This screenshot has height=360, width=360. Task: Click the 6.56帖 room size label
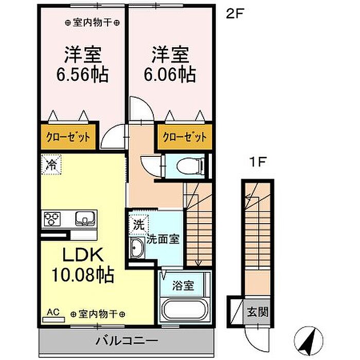(x=82, y=75)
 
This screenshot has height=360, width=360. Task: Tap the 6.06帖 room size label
(x=170, y=75)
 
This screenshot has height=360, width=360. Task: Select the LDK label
(x=83, y=256)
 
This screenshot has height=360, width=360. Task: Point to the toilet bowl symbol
(x=191, y=166)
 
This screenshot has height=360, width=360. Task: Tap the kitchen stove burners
(x=52, y=219)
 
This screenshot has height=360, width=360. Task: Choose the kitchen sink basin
(x=85, y=219)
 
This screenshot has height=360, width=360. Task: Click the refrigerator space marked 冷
(x=51, y=165)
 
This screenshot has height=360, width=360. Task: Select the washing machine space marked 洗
(x=139, y=225)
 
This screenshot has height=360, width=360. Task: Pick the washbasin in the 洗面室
(x=137, y=248)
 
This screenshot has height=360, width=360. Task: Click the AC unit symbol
(x=53, y=320)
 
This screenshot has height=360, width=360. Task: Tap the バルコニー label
(x=127, y=340)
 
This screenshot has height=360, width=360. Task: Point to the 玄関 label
(x=258, y=312)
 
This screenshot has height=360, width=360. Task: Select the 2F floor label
(x=235, y=14)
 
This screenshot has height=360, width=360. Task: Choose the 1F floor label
(x=258, y=162)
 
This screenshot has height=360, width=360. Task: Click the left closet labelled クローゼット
(x=68, y=137)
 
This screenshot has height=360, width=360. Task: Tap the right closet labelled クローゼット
(x=185, y=137)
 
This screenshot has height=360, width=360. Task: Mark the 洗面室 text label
(x=163, y=240)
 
